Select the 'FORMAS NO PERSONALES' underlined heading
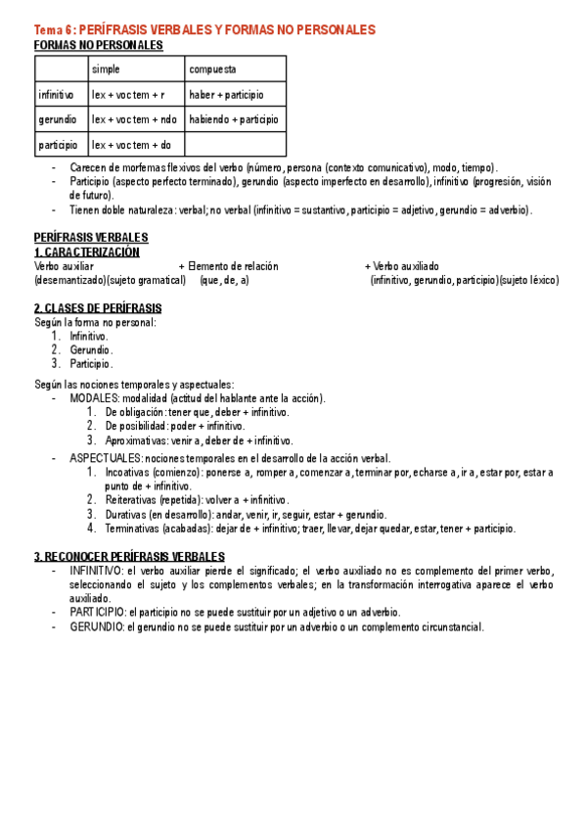click(x=98, y=45)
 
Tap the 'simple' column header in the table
click(x=107, y=69)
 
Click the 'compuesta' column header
click(x=212, y=69)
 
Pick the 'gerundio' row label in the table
click(x=57, y=119)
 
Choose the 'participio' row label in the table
click(x=59, y=145)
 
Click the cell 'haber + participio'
click(x=226, y=95)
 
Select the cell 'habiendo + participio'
click(x=234, y=119)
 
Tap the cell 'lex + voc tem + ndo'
click(x=134, y=119)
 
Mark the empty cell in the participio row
click(x=235, y=145)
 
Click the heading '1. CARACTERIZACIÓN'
click(x=86, y=253)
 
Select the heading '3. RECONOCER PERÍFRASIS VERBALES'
click(x=129, y=557)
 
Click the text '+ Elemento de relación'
click(x=228, y=266)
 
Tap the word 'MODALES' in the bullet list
click(x=94, y=398)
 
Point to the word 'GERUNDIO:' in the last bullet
click(x=97, y=626)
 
